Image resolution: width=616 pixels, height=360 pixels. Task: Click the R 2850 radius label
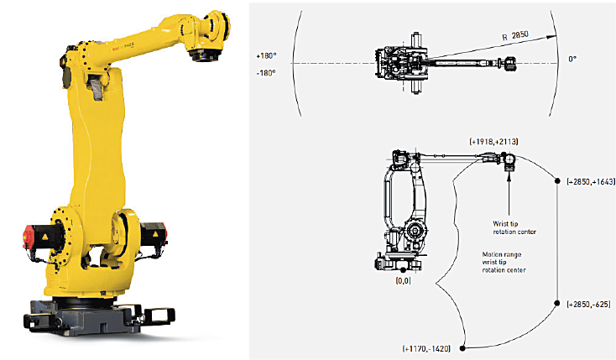point(515,36)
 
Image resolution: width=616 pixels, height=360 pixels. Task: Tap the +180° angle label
point(266,56)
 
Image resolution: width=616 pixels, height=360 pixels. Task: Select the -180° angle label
point(266,73)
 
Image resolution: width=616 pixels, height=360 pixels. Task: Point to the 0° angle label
point(572,59)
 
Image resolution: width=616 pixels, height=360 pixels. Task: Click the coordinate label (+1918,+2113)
point(493,142)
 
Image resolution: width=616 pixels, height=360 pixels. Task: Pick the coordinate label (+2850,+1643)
point(591,181)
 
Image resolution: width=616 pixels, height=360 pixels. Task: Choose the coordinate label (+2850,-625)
point(588,304)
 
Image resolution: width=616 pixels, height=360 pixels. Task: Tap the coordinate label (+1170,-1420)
point(426,348)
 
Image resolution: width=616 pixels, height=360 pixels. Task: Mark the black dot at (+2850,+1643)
point(557,180)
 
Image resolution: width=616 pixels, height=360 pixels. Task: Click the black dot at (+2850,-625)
point(557,303)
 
